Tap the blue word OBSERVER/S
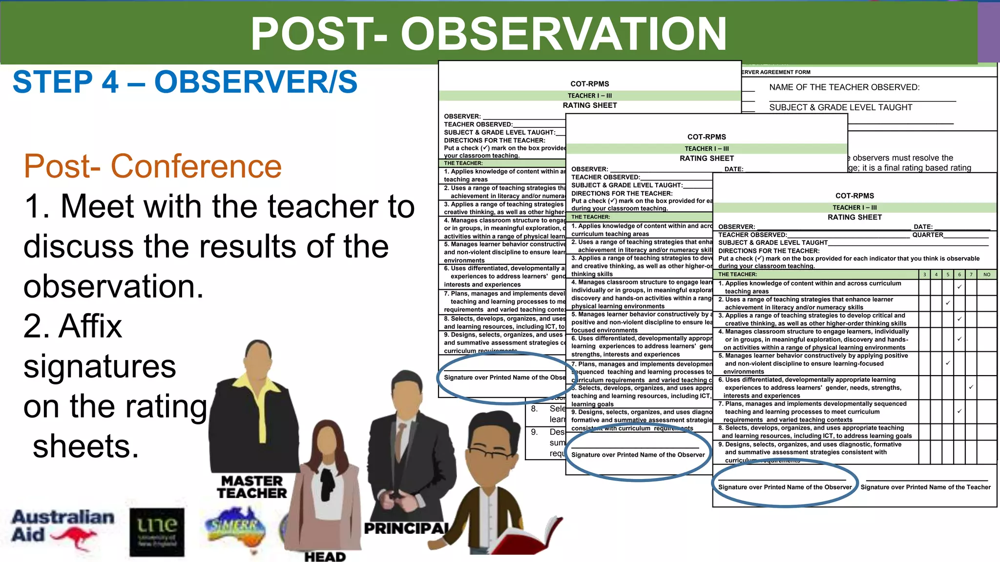pyautogui.click(x=256, y=82)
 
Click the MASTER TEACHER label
pyautogui.click(x=252, y=487)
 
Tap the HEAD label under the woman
pyautogui.click(x=325, y=556)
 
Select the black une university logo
pyautogui.click(x=157, y=532)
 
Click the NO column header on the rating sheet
pyautogui.click(x=986, y=275)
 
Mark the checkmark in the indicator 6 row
pyautogui.click(x=971, y=387)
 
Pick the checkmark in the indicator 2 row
pyautogui.click(x=947, y=303)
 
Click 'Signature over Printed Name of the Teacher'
pyautogui.click(x=925, y=487)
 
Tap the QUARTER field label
pyautogui.click(x=928, y=235)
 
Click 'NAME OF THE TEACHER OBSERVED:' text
pyautogui.click(x=844, y=87)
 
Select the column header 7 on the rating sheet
pyautogui.click(x=971, y=275)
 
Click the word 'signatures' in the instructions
pyautogui.click(x=100, y=366)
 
